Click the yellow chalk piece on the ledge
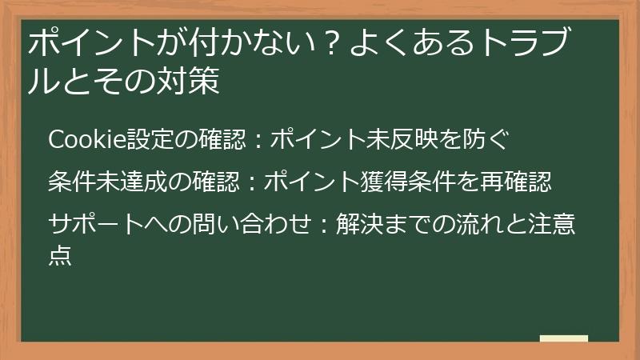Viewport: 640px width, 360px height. click(563, 338)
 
